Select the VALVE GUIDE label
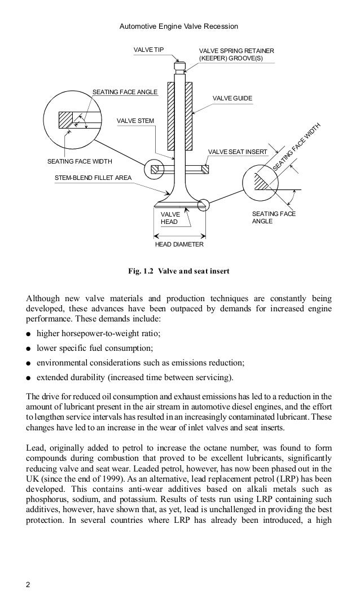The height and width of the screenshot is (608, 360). pyautogui.click(x=232, y=99)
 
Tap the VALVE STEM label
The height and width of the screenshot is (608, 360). pyautogui.click(x=135, y=120)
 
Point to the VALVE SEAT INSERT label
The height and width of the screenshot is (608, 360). pyautogui.click(x=237, y=152)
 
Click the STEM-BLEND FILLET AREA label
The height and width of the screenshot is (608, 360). pyautogui.click(x=93, y=178)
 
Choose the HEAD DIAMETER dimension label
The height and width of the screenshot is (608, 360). pyautogui.click(x=179, y=245)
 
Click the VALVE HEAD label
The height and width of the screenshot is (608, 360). pyautogui.click(x=170, y=218)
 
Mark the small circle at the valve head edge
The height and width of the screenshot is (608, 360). pyautogui.click(x=204, y=205)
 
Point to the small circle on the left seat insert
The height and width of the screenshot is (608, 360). pyautogui.click(x=153, y=168)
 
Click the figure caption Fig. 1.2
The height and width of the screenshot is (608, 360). pyautogui.click(x=179, y=271)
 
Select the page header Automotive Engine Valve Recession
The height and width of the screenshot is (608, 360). pyautogui.click(x=179, y=26)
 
